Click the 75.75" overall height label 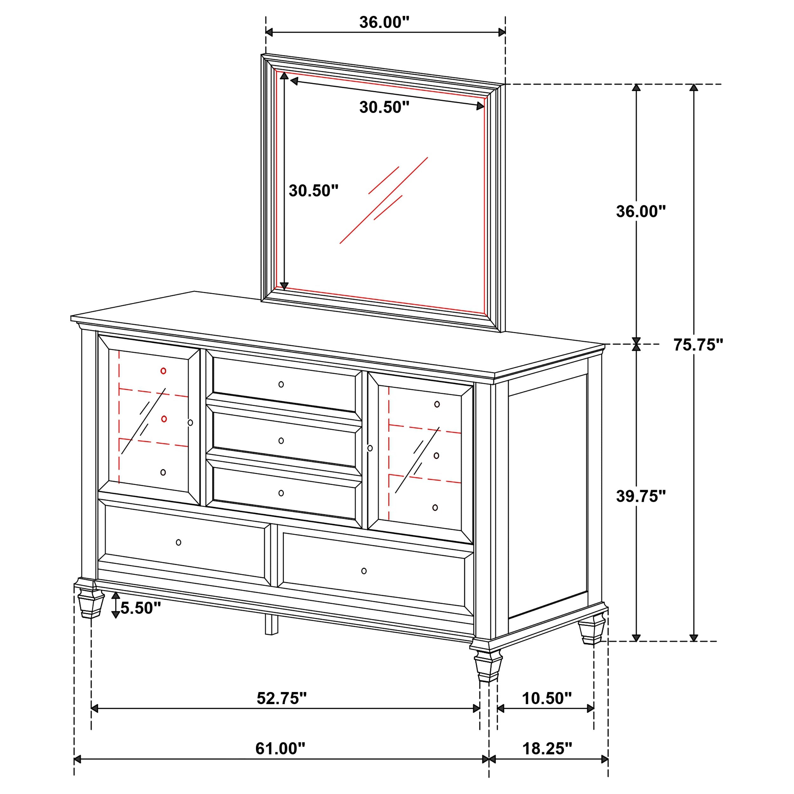pos(698,345)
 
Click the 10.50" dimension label pos(547,698)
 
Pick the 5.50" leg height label pos(140,608)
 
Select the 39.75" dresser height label pos(640,496)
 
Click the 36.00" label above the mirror pos(384,22)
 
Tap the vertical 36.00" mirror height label pos(640,211)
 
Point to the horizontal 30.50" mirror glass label pos(384,107)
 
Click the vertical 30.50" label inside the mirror pos(313,191)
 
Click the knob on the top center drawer pos(281,384)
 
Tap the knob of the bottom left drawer pos(178,542)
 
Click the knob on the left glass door pos(190,422)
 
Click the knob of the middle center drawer pos(281,441)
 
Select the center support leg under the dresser pos(271,624)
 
